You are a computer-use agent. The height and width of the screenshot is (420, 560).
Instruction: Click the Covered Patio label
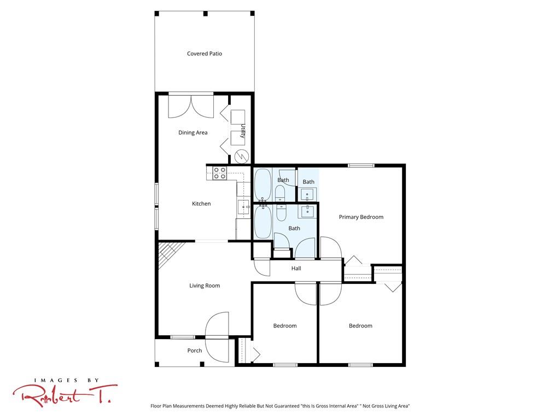coord(205,54)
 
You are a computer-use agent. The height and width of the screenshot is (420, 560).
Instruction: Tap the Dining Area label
coord(193,132)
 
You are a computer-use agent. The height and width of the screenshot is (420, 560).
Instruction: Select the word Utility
coord(243,131)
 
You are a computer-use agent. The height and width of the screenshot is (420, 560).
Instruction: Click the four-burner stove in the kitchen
coord(219,173)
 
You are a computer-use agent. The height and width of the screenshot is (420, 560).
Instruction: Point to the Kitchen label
coord(201,203)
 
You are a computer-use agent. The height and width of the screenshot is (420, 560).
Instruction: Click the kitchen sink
coord(243,207)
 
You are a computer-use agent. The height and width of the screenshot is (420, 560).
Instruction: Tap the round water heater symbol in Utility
coord(241,156)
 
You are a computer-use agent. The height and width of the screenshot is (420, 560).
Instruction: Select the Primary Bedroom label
coord(361,217)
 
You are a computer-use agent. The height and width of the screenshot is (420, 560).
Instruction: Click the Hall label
coord(296,268)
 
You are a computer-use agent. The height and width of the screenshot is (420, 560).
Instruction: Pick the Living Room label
coord(205,285)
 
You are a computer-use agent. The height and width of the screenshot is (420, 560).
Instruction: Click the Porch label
coord(195,351)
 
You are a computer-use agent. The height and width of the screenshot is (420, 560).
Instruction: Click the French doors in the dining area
coord(191,107)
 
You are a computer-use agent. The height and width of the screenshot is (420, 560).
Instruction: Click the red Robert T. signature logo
coord(65,396)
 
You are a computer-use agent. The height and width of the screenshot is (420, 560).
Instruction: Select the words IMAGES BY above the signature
coord(66,381)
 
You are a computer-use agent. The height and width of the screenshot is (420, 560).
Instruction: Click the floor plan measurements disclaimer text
coord(280,406)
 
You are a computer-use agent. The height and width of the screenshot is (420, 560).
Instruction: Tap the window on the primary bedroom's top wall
coord(361,165)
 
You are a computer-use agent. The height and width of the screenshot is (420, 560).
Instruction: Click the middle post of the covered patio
coord(206,14)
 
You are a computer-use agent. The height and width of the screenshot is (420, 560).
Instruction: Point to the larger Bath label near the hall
coord(294,228)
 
